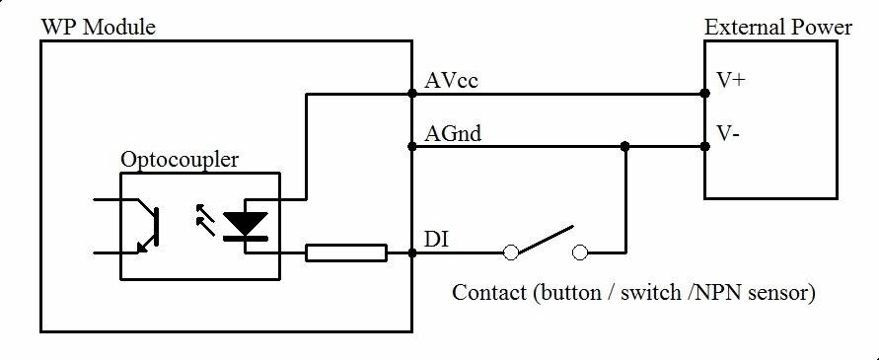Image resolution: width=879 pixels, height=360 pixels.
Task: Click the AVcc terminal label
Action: click(451, 80)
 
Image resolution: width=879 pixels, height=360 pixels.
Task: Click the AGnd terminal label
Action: click(453, 132)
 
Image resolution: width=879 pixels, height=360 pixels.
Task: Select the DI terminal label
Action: click(433, 240)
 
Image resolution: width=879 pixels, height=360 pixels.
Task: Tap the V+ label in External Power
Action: click(731, 81)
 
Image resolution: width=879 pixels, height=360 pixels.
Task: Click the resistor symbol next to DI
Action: click(346, 252)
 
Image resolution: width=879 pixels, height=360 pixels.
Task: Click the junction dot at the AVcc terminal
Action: click(412, 95)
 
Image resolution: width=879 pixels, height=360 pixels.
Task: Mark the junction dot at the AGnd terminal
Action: click(412, 147)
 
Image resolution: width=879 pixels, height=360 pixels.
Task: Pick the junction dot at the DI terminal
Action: click(412, 252)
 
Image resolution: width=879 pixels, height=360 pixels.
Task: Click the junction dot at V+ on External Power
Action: click(704, 95)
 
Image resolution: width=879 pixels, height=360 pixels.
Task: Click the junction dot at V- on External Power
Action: click(704, 147)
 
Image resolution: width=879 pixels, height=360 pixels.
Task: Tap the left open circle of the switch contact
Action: click(511, 252)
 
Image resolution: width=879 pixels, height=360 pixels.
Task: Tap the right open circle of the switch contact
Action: click(581, 252)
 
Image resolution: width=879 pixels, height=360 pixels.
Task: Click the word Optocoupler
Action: click(180, 159)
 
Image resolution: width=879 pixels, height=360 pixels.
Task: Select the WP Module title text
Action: click(98, 27)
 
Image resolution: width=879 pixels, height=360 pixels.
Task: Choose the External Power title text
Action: click(777, 27)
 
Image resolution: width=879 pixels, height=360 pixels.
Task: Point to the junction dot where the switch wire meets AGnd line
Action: click(624, 147)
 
